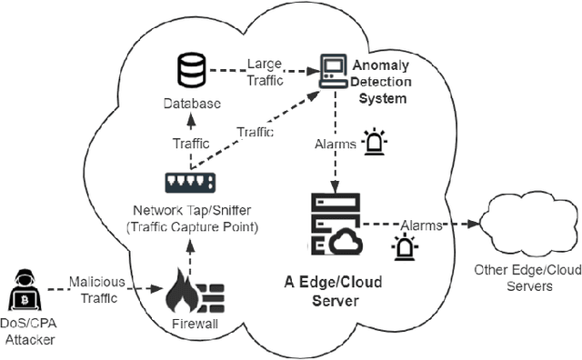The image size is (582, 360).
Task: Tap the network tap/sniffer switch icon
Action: (x=189, y=184)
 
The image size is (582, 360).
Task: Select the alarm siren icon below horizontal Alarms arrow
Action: (x=403, y=246)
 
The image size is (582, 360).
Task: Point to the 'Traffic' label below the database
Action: (x=191, y=144)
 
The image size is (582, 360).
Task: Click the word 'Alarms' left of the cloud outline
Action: (x=421, y=225)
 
